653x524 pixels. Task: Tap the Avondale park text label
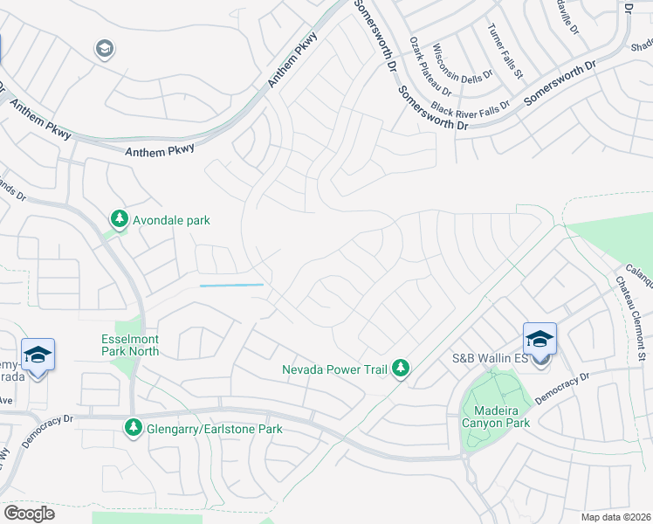(171, 220)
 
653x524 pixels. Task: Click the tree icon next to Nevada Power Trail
(400, 369)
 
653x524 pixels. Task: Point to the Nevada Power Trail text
(333, 369)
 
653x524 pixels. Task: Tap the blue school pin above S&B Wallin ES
(540, 338)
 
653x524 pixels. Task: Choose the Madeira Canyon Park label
(496, 417)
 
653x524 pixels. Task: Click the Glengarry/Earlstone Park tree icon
(134, 428)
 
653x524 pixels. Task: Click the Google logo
(28, 513)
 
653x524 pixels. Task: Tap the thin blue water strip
(231, 285)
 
